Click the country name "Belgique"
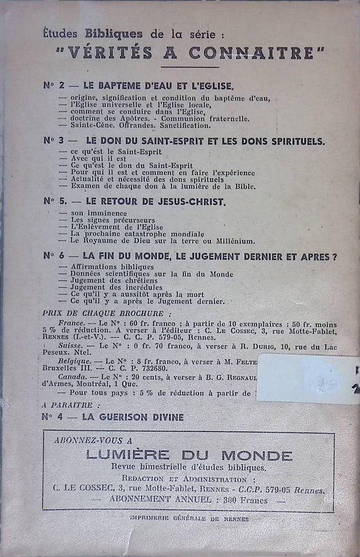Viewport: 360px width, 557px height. coord(74,361)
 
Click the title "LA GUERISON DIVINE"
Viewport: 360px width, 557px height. coord(134,417)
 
